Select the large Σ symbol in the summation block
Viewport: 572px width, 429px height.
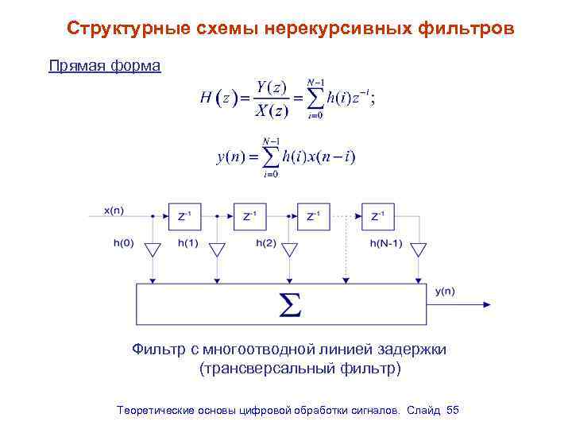(289, 305)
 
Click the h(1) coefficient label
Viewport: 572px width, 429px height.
(187, 243)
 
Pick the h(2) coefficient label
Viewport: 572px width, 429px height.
(266, 243)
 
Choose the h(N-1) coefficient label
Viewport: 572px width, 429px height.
(386, 243)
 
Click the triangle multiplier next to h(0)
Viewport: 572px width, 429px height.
(152, 250)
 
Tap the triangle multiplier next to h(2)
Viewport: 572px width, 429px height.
(289, 250)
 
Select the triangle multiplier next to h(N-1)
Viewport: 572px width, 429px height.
(419, 250)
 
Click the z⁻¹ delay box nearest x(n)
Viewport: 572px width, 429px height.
(184, 215)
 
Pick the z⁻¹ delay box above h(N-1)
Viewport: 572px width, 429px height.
(378, 215)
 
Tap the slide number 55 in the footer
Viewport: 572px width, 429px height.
(453, 410)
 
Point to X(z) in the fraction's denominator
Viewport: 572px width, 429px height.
(271, 111)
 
